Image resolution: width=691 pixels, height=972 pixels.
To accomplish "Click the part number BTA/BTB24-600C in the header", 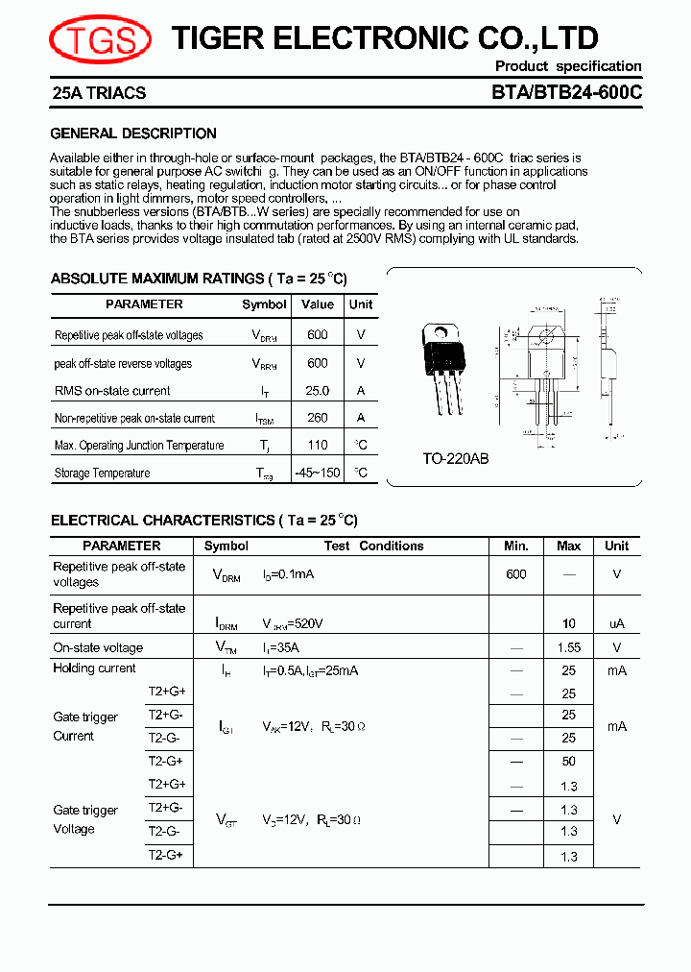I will pyautogui.click(x=566, y=93).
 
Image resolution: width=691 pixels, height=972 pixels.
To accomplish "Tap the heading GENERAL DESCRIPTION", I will pyautogui.click(x=133, y=134).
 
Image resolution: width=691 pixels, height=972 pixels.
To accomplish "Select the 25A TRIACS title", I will pyautogui.click(x=99, y=93).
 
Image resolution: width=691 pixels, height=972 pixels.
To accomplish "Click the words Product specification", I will pyautogui.click(x=568, y=66).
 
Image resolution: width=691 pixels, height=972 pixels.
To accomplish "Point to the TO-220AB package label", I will pyautogui.click(x=456, y=459).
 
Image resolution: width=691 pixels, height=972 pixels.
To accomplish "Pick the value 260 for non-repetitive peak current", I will pyautogui.click(x=318, y=418).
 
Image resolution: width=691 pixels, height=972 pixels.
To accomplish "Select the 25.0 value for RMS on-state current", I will pyautogui.click(x=318, y=391).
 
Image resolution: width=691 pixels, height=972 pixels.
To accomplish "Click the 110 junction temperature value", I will pyautogui.click(x=318, y=445).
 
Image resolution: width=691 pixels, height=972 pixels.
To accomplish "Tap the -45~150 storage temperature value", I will pyautogui.click(x=318, y=473).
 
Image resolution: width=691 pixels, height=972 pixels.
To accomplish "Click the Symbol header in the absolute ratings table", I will pyautogui.click(x=264, y=304).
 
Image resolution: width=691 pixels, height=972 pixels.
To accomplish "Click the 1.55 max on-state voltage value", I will pyautogui.click(x=569, y=648).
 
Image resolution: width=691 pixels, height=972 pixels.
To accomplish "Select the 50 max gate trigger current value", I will pyautogui.click(x=569, y=761).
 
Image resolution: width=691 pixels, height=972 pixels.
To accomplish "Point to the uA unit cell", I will pyautogui.click(x=616, y=623).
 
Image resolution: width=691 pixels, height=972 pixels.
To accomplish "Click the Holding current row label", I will pyautogui.click(x=94, y=668).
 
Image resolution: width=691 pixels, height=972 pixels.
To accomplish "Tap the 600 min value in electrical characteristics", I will pyautogui.click(x=516, y=573).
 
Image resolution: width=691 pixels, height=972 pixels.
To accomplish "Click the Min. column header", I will pyautogui.click(x=516, y=546).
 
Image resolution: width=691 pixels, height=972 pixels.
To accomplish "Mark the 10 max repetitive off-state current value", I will pyautogui.click(x=569, y=623).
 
